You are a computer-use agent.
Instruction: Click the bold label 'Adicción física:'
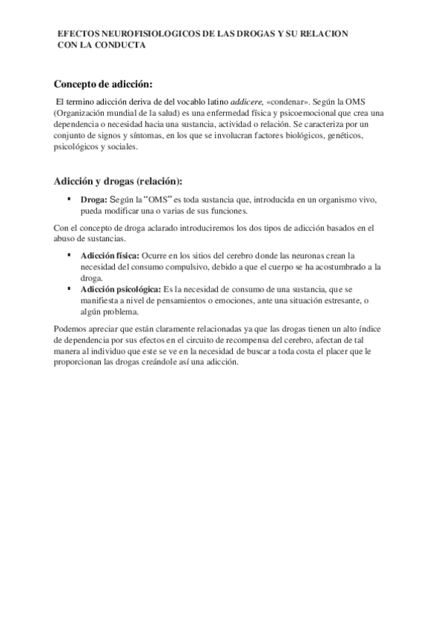110,255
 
